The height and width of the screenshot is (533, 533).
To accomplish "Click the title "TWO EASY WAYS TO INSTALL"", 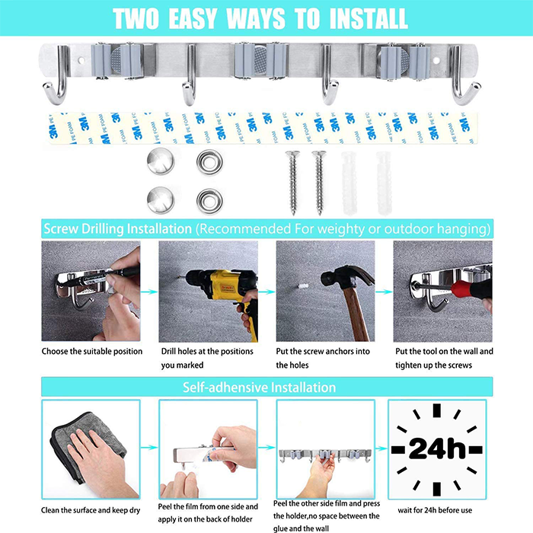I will tap(266, 18).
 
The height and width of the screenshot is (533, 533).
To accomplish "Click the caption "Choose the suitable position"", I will tap(92, 352).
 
